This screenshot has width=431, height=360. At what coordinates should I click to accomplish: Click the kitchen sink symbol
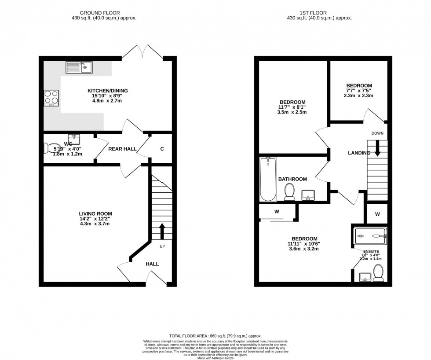(79, 67)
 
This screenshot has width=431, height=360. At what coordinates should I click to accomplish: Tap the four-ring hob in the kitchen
(51, 98)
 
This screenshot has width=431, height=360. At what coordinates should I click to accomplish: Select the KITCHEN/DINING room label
(107, 91)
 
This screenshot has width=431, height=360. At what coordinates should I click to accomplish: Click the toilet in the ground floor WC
(52, 149)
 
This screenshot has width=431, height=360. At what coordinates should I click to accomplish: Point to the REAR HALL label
(123, 149)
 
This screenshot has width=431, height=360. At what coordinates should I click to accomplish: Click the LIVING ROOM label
(92, 213)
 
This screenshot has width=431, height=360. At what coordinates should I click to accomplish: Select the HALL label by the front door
(152, 264)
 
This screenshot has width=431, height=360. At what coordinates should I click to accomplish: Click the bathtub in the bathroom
(268, 179)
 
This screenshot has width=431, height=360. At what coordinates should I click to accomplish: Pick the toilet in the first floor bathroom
(289, 192)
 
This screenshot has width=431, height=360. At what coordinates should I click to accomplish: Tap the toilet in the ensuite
(378, 272)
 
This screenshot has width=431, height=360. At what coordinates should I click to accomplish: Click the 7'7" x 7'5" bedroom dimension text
(359, 91)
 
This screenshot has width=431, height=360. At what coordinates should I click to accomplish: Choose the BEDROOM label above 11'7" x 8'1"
(292, 101)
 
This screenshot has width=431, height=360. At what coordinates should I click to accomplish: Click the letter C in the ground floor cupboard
(162, 149)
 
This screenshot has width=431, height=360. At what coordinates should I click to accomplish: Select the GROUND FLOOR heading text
(104, 13)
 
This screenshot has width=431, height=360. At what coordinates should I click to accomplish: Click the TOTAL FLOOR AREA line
(215, 336)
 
